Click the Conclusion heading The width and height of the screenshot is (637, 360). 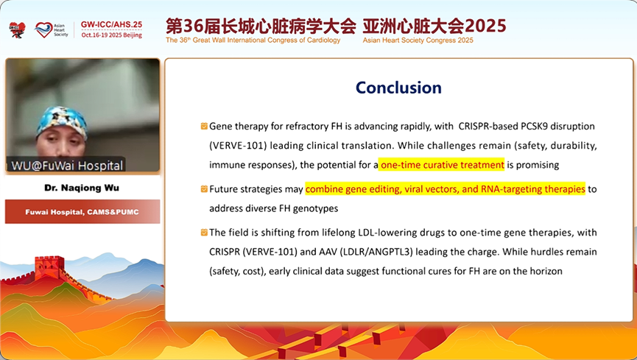coord(398,88)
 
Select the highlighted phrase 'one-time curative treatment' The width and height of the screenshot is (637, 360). coord(442,165)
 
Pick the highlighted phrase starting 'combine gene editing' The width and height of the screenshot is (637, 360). coord(446,189)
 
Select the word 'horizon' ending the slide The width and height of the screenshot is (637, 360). coord(546,271)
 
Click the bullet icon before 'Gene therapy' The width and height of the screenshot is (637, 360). coord(204,126)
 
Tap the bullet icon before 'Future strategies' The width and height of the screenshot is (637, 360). coord(204,188)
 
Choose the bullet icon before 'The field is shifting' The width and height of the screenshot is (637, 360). coord(204,233)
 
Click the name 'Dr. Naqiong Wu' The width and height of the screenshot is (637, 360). coord(82,188)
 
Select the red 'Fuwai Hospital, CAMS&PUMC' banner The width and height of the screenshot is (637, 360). coord(82,212)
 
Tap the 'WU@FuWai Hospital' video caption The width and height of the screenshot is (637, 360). coord(66,166)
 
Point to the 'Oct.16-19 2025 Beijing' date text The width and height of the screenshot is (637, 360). coord(112,35)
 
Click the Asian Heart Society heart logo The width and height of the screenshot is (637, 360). coord(43,29)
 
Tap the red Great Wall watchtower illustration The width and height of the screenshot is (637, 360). coord(49,268)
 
